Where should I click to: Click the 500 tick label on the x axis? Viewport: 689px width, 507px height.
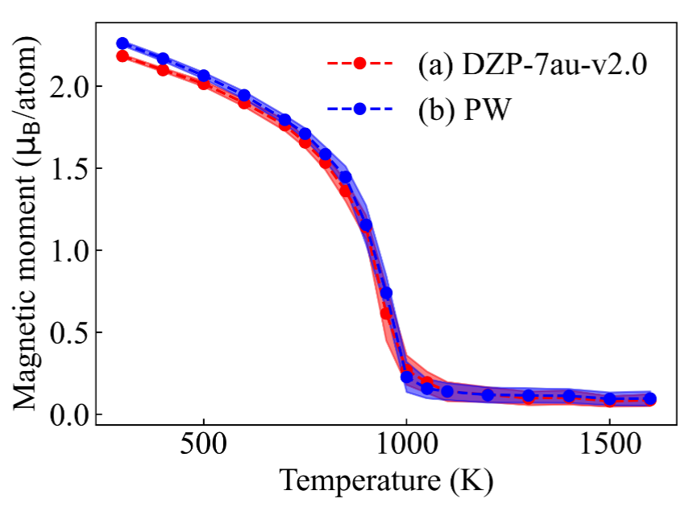[204, 448]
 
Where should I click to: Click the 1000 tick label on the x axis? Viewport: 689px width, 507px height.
[406, 448]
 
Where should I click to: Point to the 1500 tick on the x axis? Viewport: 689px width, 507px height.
[610, 448]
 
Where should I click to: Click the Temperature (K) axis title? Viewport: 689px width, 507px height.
[386, 481]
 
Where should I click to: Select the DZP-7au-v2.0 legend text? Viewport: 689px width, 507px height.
[532, 63]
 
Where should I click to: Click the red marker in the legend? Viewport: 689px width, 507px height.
[359, 63]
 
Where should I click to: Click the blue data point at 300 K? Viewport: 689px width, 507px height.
[122, 43]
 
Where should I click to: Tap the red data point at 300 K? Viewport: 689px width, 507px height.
[122, 56]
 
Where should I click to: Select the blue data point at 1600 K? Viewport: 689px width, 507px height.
[650, 399]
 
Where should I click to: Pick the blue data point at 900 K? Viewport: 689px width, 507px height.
[366, 225]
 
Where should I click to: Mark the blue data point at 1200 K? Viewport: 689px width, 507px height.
[488, 395]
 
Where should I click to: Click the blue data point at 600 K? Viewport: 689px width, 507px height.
[244, 96]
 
